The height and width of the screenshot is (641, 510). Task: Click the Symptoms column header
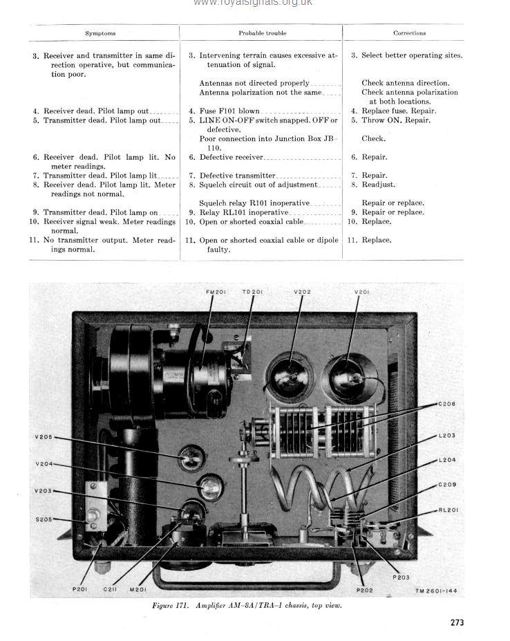(x=100, y=33)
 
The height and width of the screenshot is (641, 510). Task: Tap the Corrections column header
(x=409, y=33)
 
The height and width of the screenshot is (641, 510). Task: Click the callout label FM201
(x=216, y=292)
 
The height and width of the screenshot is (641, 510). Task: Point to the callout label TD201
(x=252, y=292)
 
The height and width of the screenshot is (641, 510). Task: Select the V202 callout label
(x=302, y=292)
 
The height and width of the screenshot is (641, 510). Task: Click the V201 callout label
(x=361, y=292)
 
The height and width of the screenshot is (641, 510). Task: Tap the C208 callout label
(x=446, y=404)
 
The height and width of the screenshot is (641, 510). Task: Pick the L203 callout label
(x=446, y=436)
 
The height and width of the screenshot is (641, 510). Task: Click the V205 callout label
(x=43, y=436)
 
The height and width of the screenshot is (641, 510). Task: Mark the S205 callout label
(x=43, y=519)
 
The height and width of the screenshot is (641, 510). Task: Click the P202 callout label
(x=364, y=590)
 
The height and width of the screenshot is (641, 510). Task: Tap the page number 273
(x=457, y=622)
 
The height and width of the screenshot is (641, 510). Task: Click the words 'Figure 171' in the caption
(x=173, y=606)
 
